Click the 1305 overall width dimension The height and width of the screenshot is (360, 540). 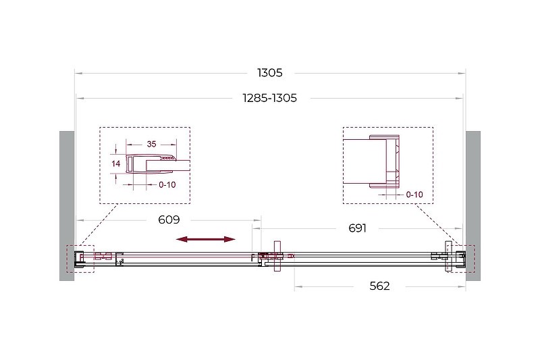(x=269, y=73)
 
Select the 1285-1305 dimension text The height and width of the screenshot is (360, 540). (x=269, y=98)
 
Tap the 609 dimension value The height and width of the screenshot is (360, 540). (x=169, y=220)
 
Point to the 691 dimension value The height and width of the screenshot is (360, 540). (x=357, y=228)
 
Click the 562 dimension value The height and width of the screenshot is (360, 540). (x=379, y=286)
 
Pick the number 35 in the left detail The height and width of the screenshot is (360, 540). (x=151, y=144)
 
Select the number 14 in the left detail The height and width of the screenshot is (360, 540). (x=115, y=163)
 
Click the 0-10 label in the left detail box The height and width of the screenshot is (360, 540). (x=167, y=185)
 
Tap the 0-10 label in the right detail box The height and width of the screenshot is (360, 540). (x=414, y=195)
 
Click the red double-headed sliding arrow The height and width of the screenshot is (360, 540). (x=206, y=239)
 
